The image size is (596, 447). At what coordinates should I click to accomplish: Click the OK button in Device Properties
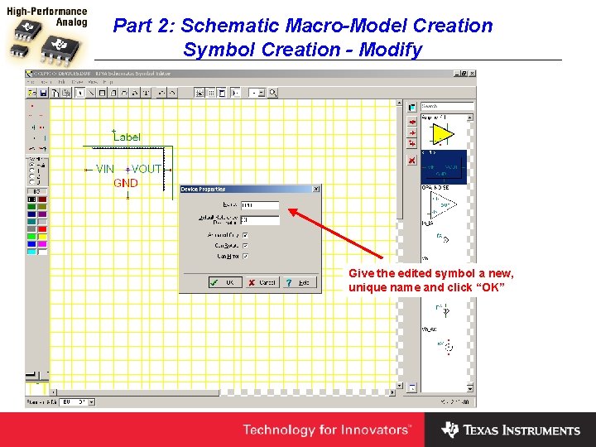tap(225, 282)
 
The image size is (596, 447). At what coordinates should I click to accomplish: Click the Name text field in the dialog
tap(259, 204)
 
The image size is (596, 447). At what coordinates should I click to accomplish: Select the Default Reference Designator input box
tap(259, 220)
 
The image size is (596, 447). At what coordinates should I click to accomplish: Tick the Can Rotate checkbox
tap(246, 246)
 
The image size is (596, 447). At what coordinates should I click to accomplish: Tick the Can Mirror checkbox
tap(246, 256)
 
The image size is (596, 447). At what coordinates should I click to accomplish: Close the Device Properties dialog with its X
tap(315, 190)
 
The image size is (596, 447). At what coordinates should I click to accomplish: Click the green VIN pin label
tap(105, 169)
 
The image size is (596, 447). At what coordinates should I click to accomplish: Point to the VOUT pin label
tap(147, 169)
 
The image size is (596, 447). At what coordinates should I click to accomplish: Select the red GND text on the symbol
tap(126, 183)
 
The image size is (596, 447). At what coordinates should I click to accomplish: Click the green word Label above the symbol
tap(127, 137)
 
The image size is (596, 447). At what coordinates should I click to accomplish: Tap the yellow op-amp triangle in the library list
tap(444, 134)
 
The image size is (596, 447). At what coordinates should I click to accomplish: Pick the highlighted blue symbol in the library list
tap(444, 167)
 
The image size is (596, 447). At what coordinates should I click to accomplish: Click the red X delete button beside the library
tap(411, 161)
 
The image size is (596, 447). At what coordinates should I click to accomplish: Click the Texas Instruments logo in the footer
tap(511, 430)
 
